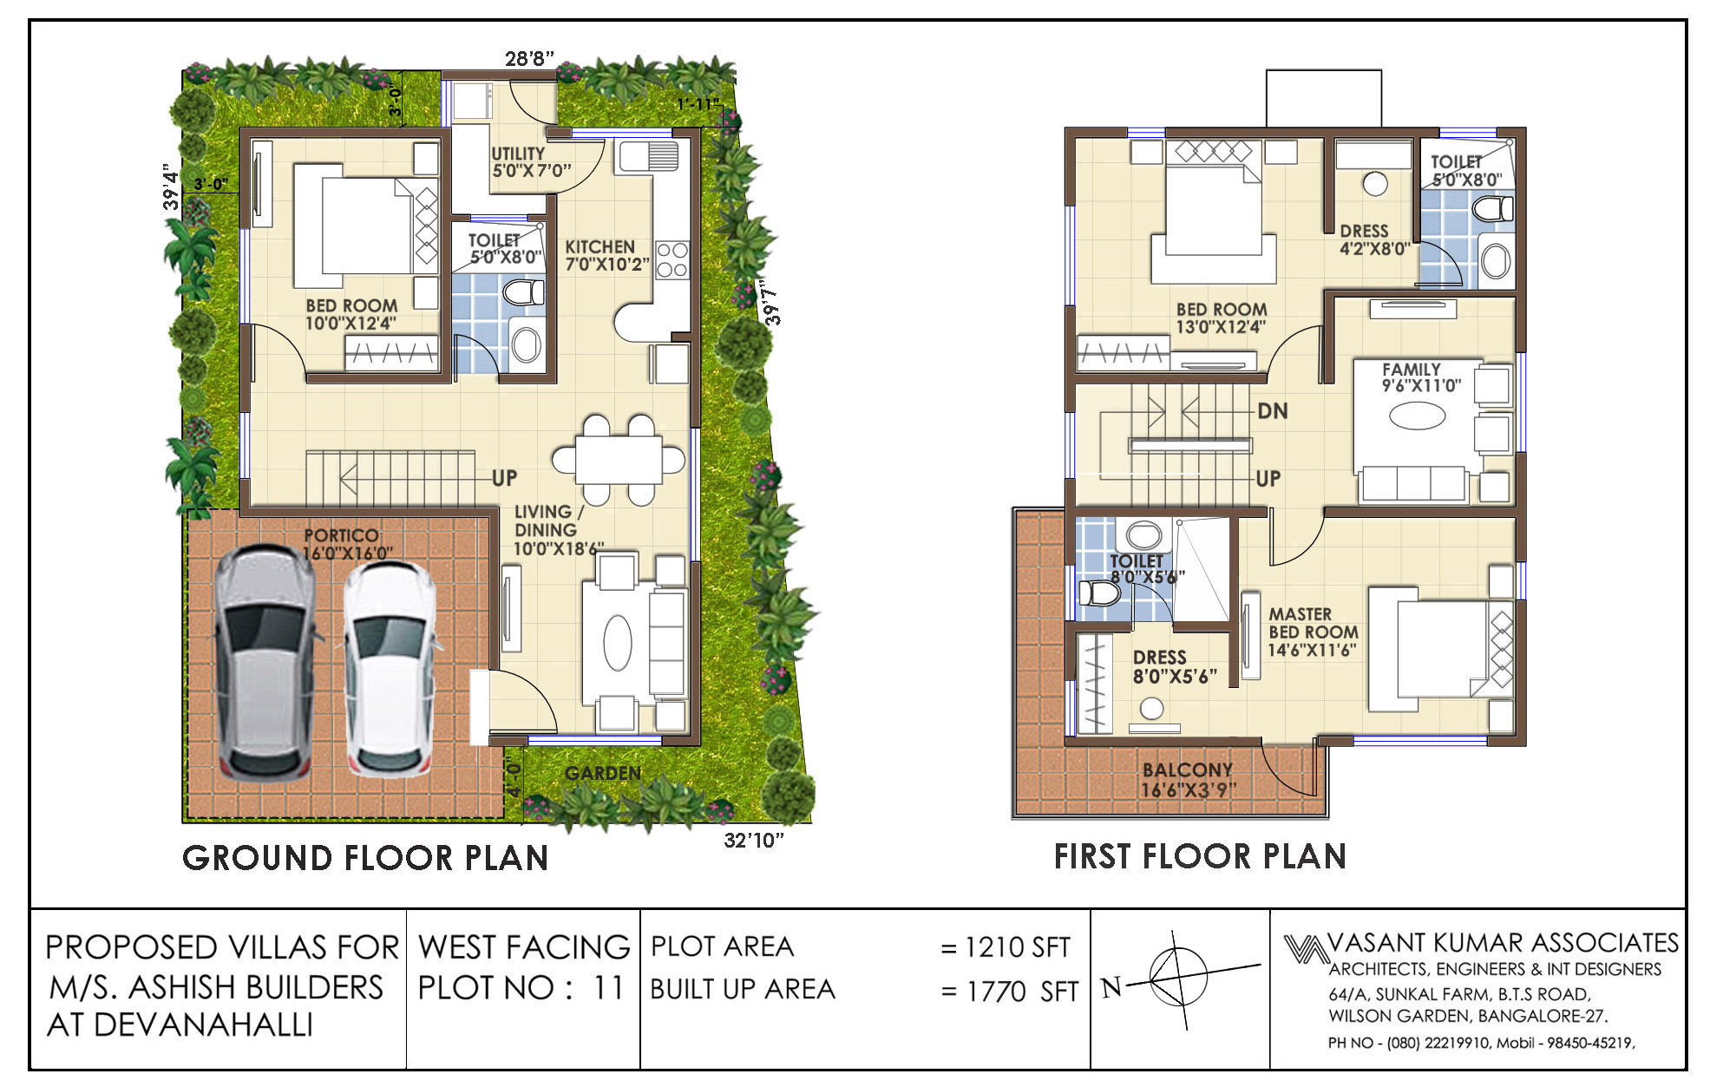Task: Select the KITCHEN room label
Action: [600, 246]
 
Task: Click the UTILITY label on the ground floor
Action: [518, 154]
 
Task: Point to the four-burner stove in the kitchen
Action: [672, 259]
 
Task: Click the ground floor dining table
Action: [619, 459]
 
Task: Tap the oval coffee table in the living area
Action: [617, 642]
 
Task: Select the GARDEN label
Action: [603, 773]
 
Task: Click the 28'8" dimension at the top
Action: [529, 59]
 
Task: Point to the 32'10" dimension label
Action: [753, 840]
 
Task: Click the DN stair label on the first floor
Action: [1273, 411]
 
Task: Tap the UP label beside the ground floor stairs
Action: [505, 478]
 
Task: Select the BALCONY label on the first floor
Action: [1188, 769]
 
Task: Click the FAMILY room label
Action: [1412, 370]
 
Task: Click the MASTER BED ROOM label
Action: [1314, 624]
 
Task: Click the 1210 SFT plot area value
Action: [1018, 947]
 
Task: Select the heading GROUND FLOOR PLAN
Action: [365, 858]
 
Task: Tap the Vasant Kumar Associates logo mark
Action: [1306, 947]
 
